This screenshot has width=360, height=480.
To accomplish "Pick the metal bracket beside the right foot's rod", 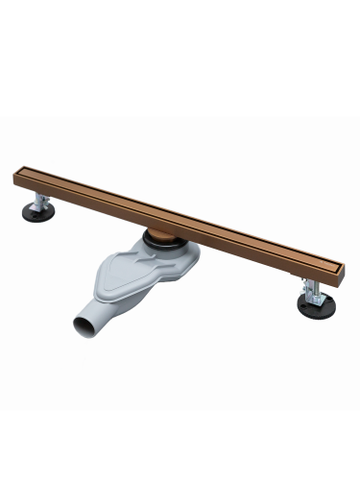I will [304, 287].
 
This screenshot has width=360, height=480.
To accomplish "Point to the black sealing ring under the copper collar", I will [165, 245].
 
